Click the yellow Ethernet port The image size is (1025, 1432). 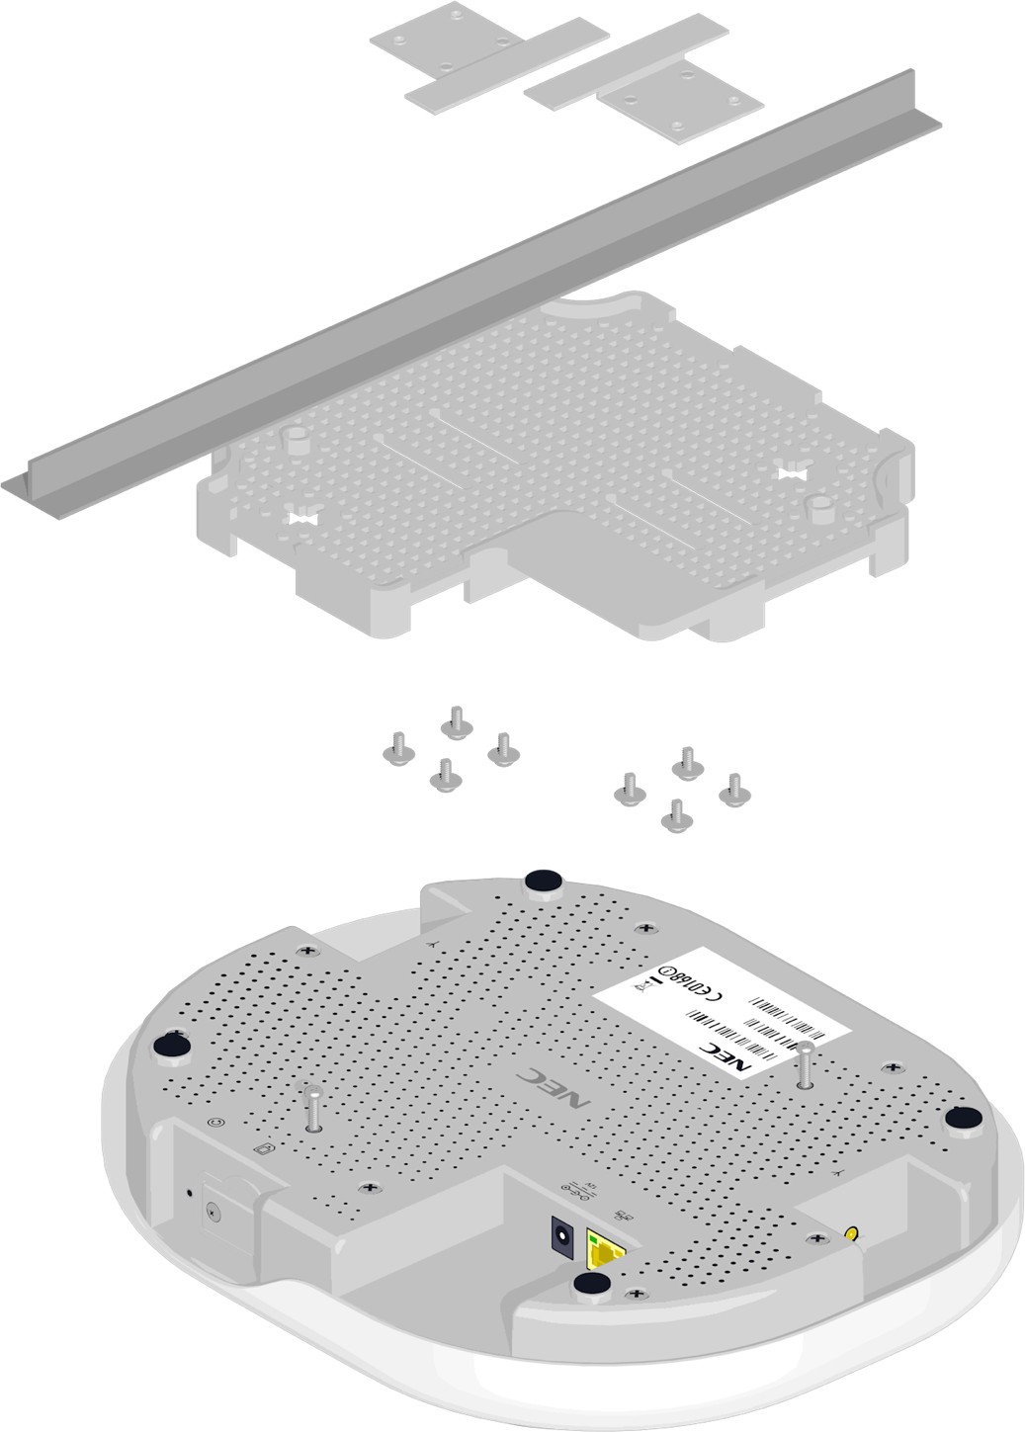603,1251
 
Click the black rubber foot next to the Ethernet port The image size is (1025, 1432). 591,1284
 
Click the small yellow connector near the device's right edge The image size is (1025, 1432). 851,1234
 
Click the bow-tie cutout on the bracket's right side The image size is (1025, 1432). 792,473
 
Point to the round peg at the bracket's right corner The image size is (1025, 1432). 818,508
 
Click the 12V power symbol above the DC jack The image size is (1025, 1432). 573,1191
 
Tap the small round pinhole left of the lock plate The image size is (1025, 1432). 190,1192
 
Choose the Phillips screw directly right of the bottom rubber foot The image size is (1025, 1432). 637,1294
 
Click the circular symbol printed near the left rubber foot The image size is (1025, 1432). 217,1123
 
